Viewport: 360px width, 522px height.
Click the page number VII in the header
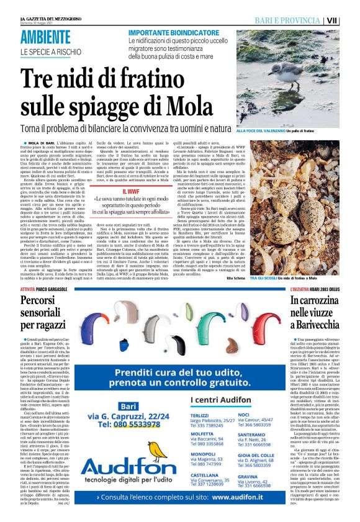click(x=349, y=20)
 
